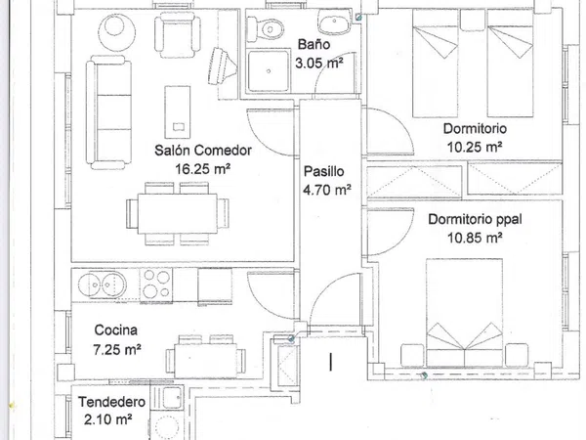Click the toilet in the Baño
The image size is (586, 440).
click(x=266, y=28)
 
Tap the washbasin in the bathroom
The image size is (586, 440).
click(x=334, y=22)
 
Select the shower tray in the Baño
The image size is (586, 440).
click(x=269, y=70)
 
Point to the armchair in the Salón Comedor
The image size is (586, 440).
click(x=178, y=34)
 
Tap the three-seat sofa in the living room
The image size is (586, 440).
click(x=108, y=111)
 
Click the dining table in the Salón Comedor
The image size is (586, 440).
click(x=178, y=213)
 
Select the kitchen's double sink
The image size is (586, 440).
click(x=102, y=286)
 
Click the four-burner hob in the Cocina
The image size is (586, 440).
click(x=156, y=285)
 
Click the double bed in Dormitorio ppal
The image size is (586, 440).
click(x=464, y=312)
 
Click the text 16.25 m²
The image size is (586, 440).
click(x=202, y=169)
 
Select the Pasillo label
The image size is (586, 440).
click(x=323, y=171)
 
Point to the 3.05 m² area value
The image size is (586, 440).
click(x=319, y=63)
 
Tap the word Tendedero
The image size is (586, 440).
click(x=111, y=402)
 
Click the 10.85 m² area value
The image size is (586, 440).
click(x=475, y=238)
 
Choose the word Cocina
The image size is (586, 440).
click(x=116, y=330)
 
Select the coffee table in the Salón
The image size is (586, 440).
click(x=178, y=111)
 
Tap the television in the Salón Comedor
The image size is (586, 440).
click(x=222, y=66)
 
